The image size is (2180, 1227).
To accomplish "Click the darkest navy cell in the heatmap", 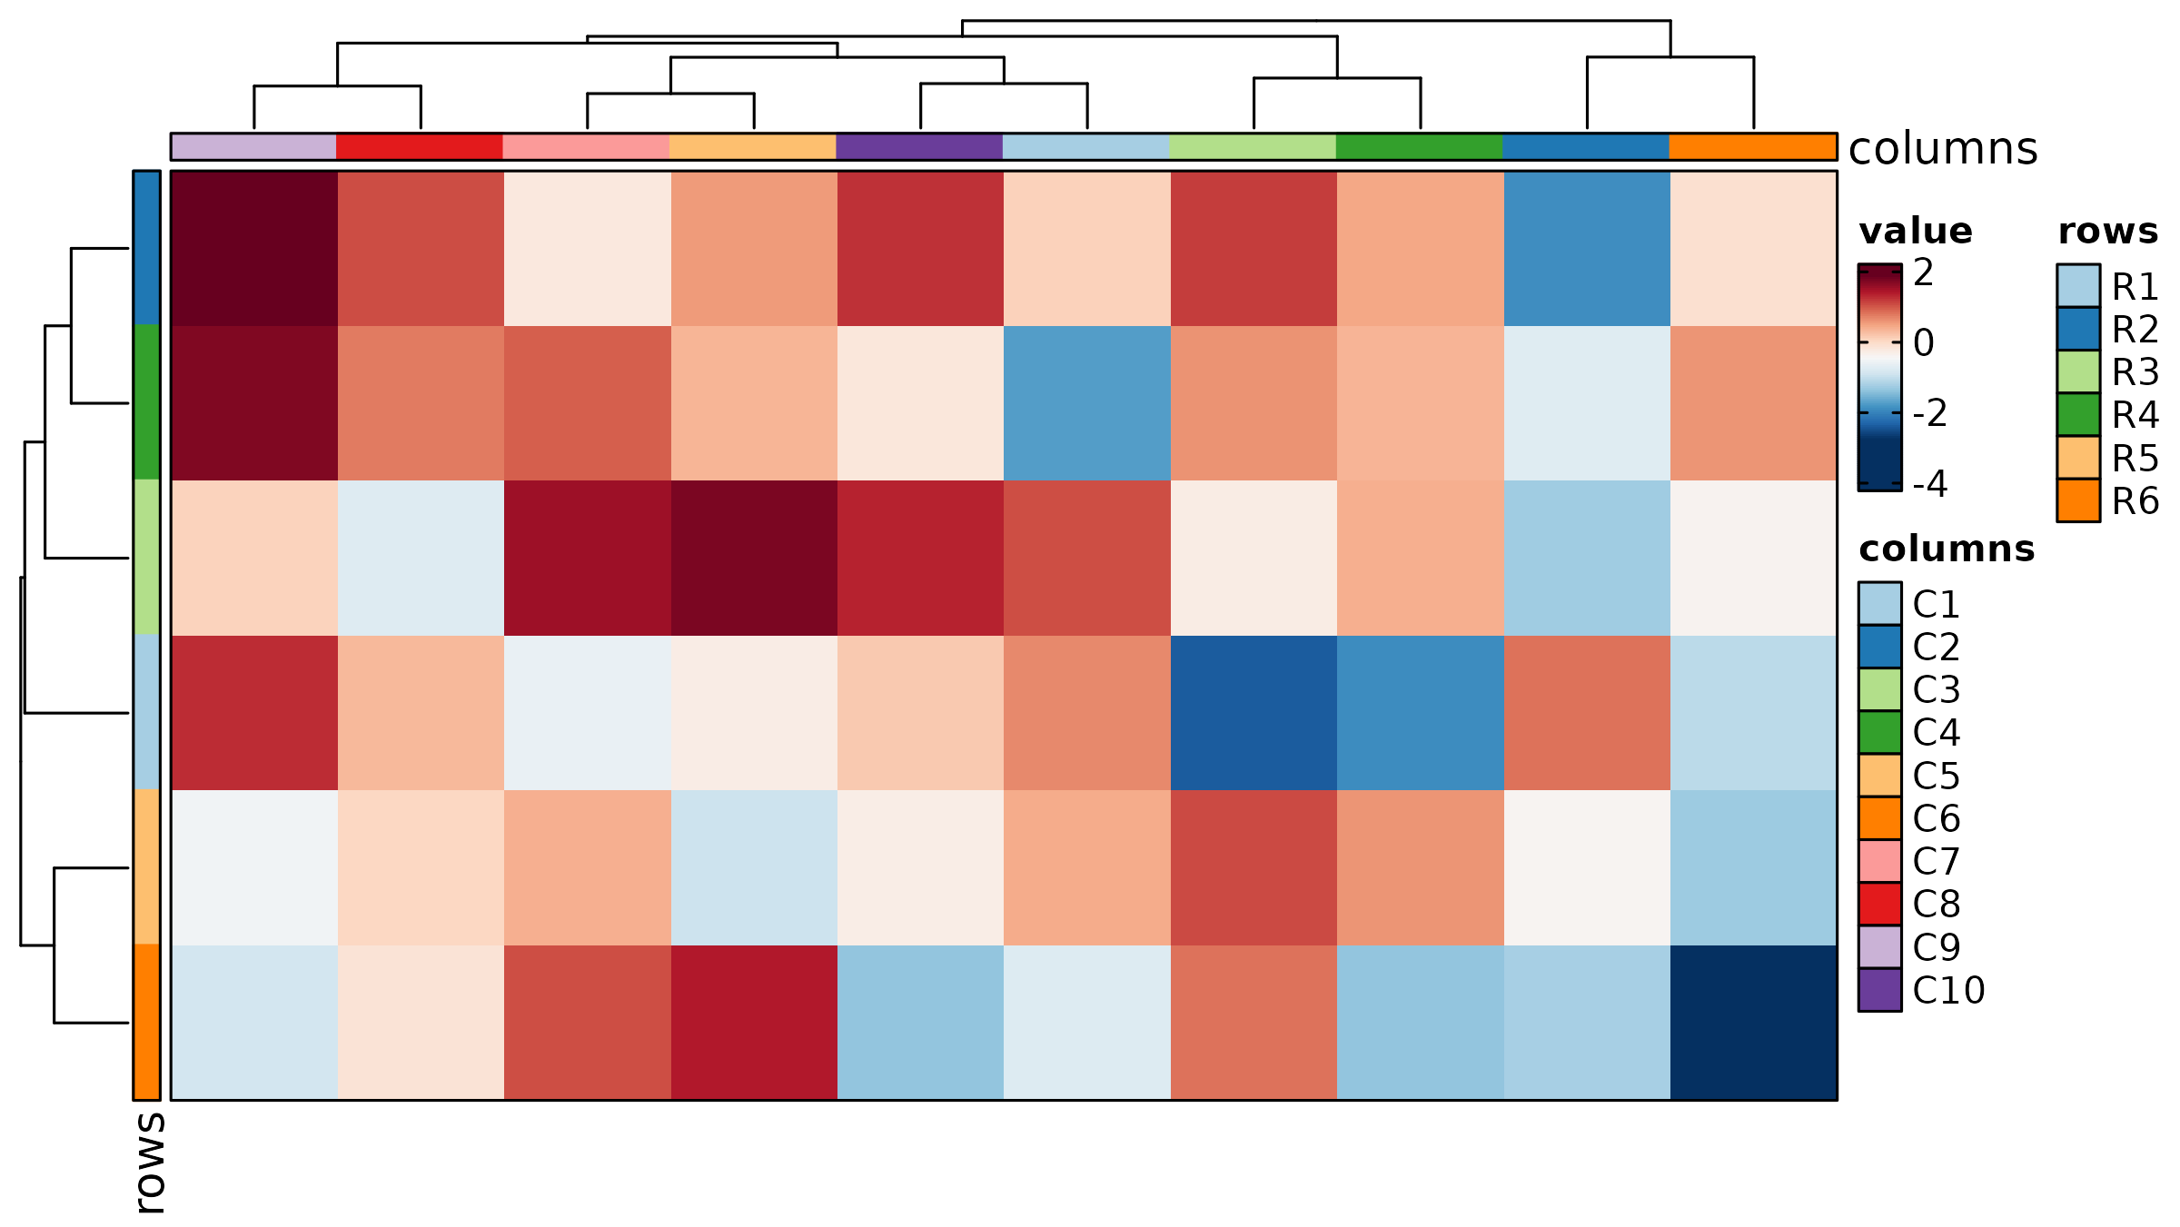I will click(x=1753, y=1022).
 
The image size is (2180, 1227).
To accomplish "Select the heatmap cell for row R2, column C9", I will click(x=254, y=248).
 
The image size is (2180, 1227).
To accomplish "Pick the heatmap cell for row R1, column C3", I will click(x=1253, y=712).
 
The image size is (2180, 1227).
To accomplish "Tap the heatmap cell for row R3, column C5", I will click(x=753, y=558).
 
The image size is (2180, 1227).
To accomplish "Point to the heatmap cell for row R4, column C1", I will click(x=1086, y=402).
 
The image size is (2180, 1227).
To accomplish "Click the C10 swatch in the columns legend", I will click(x=1879, y=990).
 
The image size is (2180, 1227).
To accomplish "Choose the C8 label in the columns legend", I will click(x=1936, y=905).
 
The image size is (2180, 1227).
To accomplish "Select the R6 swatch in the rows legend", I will click(x=2078, y=500).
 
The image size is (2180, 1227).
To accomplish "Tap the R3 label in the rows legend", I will click(x=2135, y=372).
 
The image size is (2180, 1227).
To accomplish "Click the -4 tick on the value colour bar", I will click(x=1879, y=482).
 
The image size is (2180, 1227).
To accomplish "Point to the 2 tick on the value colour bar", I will click(x=1879, y=272).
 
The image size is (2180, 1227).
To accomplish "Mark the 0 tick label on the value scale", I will click(x=1924, y=343).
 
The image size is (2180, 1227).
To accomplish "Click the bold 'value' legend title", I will click(x=1915, y=232).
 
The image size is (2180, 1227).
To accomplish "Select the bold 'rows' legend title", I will click(x=2107, y=232).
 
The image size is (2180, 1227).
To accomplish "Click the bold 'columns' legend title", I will click(x=1946, y=549).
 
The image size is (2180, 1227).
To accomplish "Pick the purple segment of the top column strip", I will click(x=919, y=147).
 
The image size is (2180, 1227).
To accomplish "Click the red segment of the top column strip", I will click(x=420, y=147).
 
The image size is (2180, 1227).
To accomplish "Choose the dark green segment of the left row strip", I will click(x=146, y=402).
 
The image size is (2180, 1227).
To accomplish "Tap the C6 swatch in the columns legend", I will click(x=1879, y=818).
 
